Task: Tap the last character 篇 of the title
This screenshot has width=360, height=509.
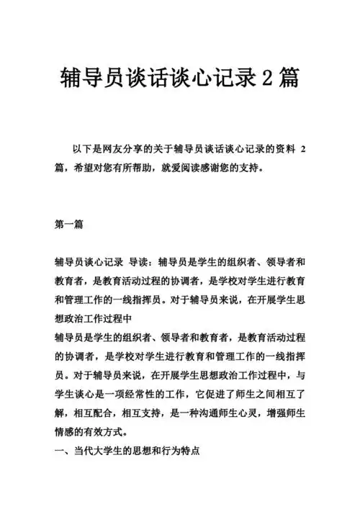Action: tap(290, 77)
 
